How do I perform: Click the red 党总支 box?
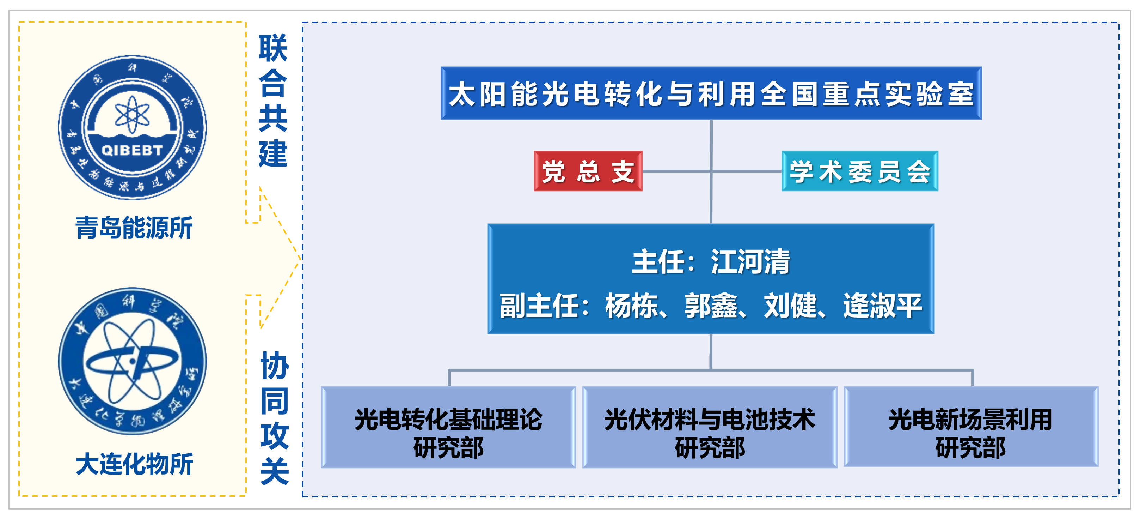coord(588,171)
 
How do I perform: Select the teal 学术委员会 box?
coord(859,171)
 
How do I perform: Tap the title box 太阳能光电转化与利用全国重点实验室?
coord(711,93)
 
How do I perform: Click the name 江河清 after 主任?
coord(750,262)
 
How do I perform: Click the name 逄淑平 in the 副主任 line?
coord(882,306)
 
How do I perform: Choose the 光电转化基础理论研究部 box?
coord(448,427)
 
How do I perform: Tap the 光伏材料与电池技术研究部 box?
coord(709,427)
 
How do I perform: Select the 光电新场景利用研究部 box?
coord(970,427)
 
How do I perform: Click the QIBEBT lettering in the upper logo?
coord(132,151)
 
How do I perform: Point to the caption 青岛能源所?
coord(134,228)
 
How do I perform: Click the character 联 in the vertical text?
coord(273,48)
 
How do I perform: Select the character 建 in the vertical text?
coord(273,153)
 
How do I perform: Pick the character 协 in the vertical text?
coord(274,366)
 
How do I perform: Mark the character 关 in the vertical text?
coord(274,471)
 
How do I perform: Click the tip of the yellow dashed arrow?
coord(300,258)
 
